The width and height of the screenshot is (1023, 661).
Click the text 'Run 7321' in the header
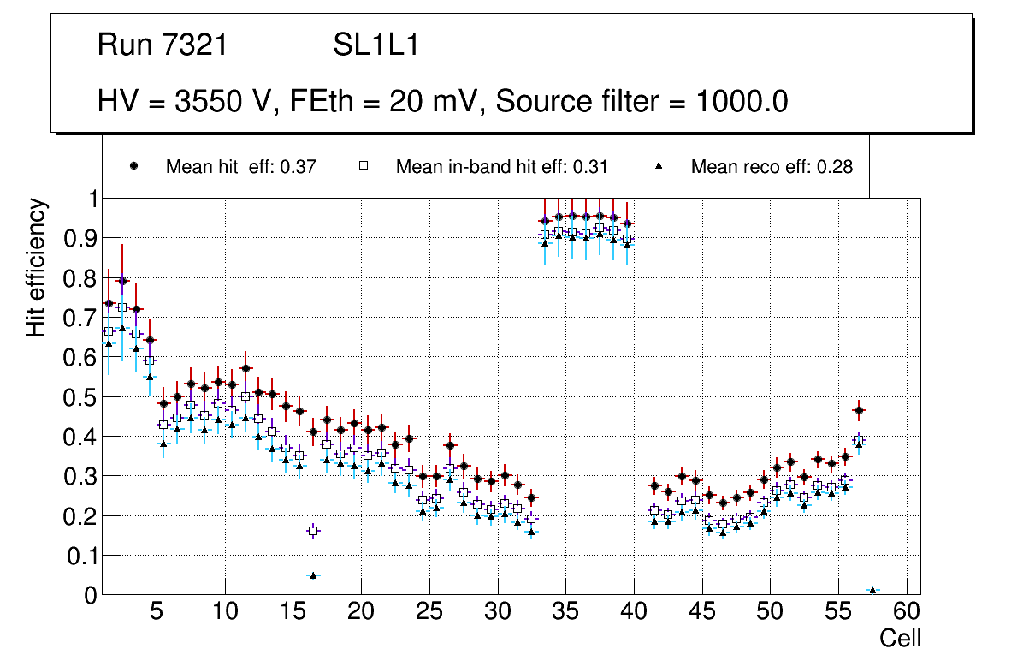[x=163, y=45]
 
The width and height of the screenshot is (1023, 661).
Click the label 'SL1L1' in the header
[x=375, y=45]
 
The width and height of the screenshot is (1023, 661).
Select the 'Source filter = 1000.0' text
[x=642, y=102]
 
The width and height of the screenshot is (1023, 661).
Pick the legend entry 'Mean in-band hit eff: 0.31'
[x=501, y=167]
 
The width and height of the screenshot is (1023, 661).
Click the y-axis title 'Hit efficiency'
[x=37, y=267]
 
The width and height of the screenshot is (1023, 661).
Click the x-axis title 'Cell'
[x=900, y=638]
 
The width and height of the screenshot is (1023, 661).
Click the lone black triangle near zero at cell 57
[x=872, y=590]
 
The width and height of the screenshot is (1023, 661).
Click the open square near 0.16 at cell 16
[x=313, y=531]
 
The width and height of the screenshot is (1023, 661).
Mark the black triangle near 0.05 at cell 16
[x=313, y=575]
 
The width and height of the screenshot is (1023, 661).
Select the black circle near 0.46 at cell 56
[x=859, y=410]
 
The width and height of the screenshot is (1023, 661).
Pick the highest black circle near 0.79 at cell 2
[x=122, y=281]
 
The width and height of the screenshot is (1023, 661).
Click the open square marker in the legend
[x=364, y=167]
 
